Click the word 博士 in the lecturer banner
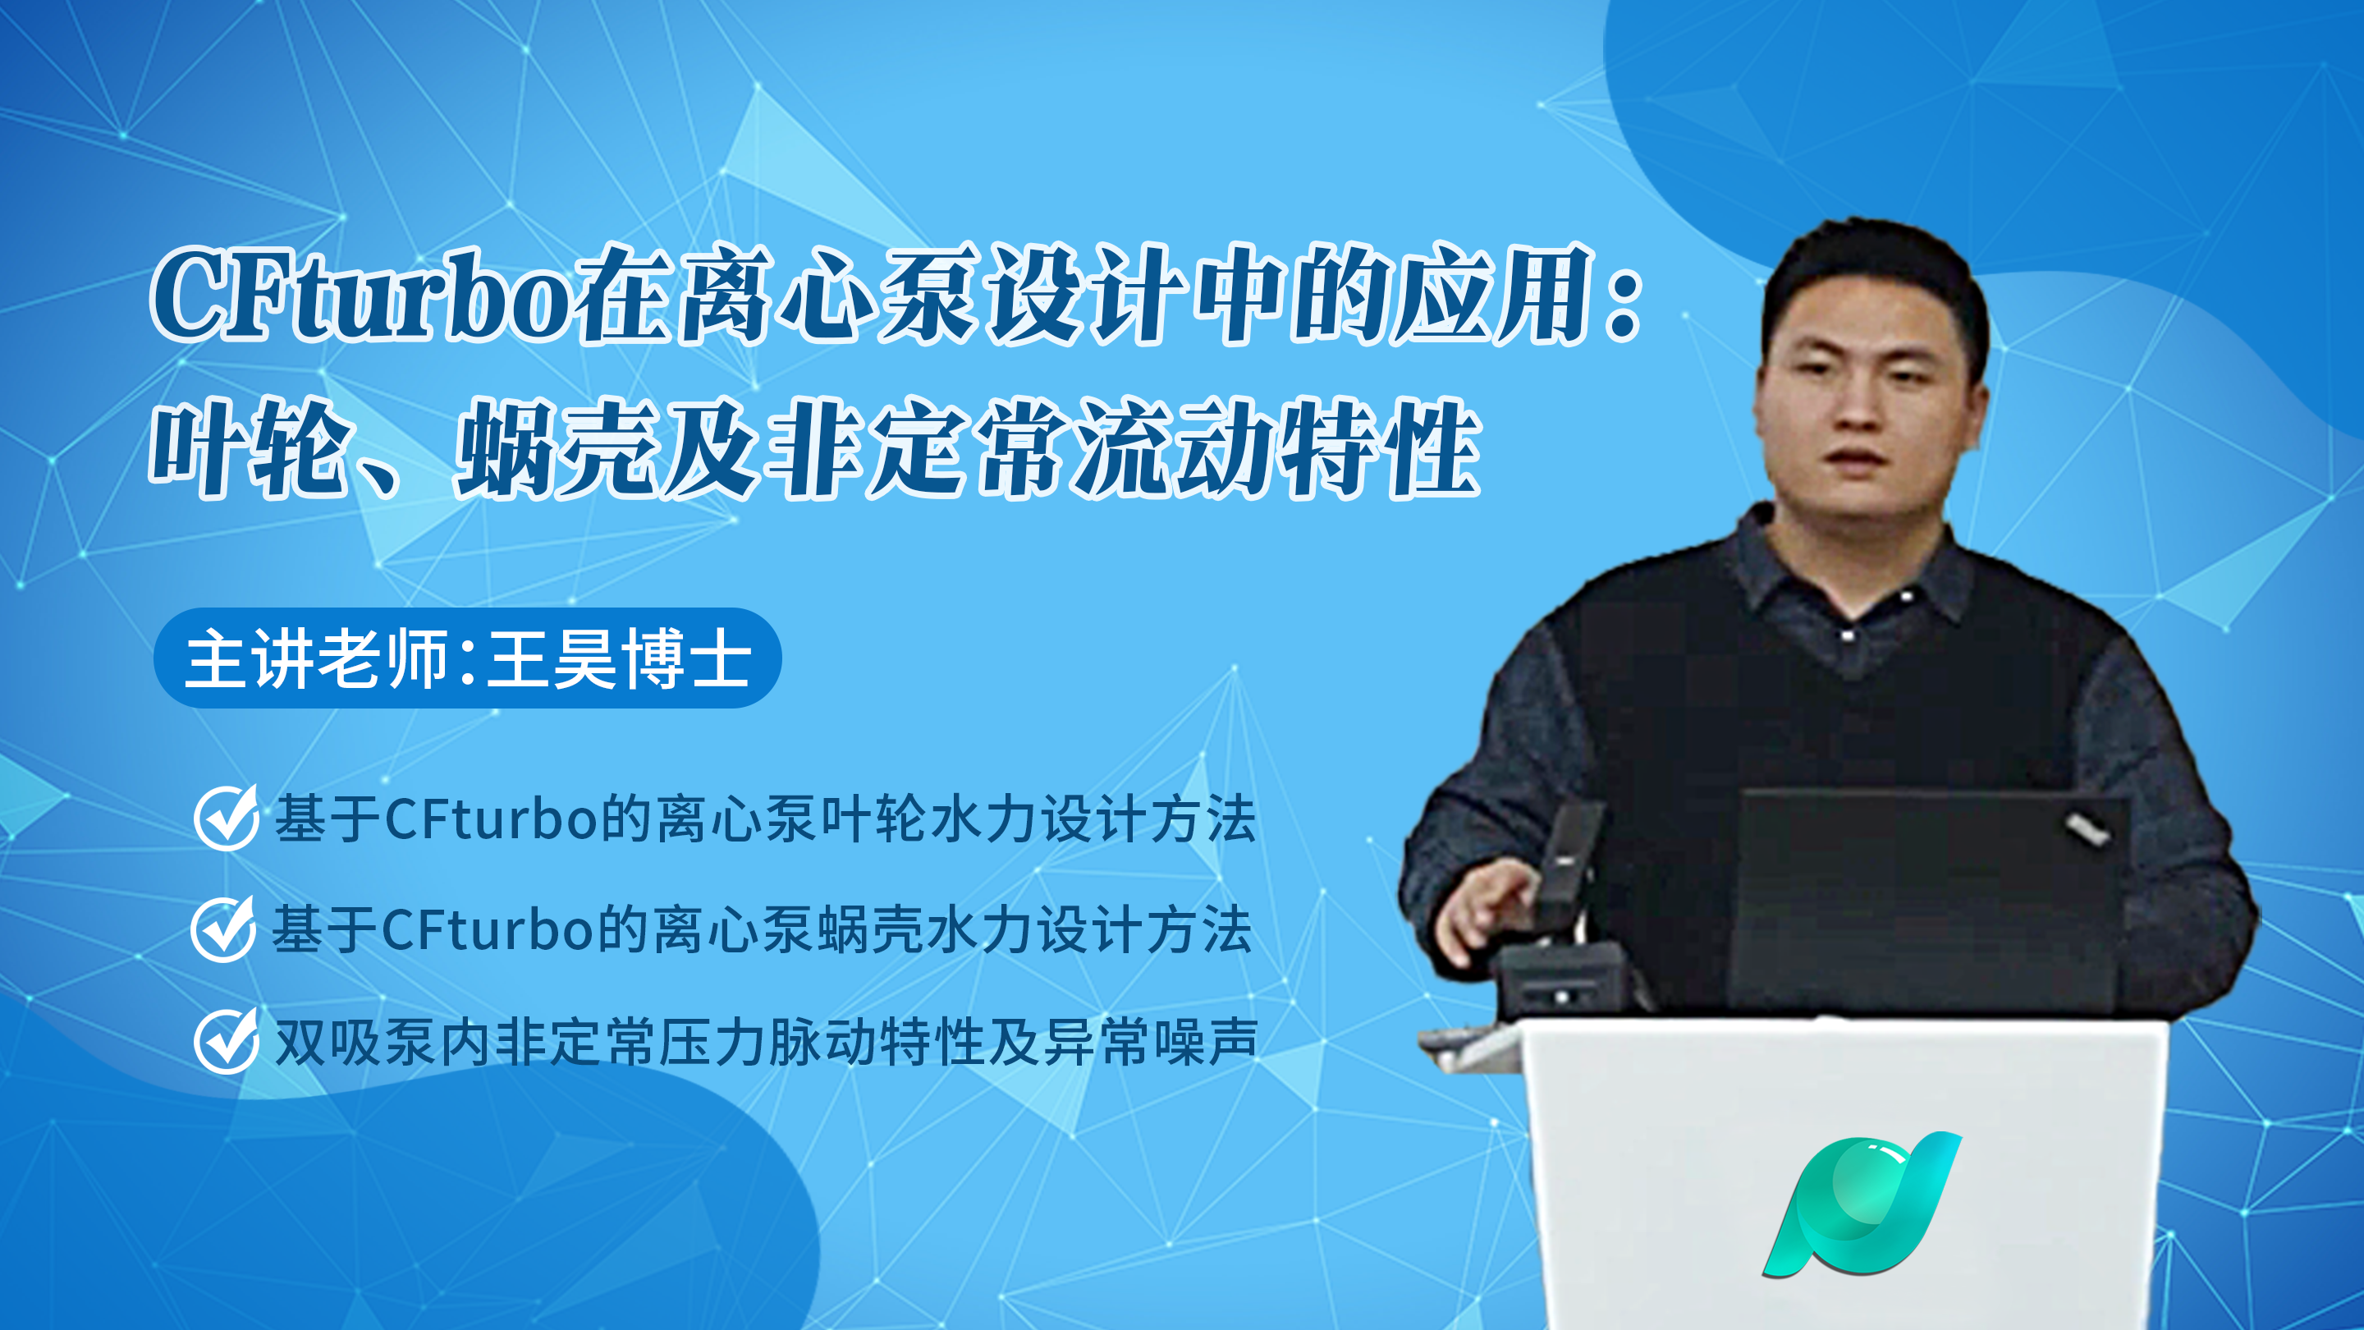[x=686, y=658]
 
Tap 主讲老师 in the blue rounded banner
[x=317, y=658]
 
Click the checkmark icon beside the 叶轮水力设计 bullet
[x=226, y=817]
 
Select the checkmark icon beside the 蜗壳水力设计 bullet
[x=223, y=928]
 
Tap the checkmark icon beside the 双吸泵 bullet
[x=226, y=1040]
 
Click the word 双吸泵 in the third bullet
[x=355, y=1042]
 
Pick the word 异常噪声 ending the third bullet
[x=1151, y=1042]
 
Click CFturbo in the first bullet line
[x=492, y=819]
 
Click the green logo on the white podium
[x=1861, y=1204]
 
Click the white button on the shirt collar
[x=1846, y=635]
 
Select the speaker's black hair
[x=1872, y=275]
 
